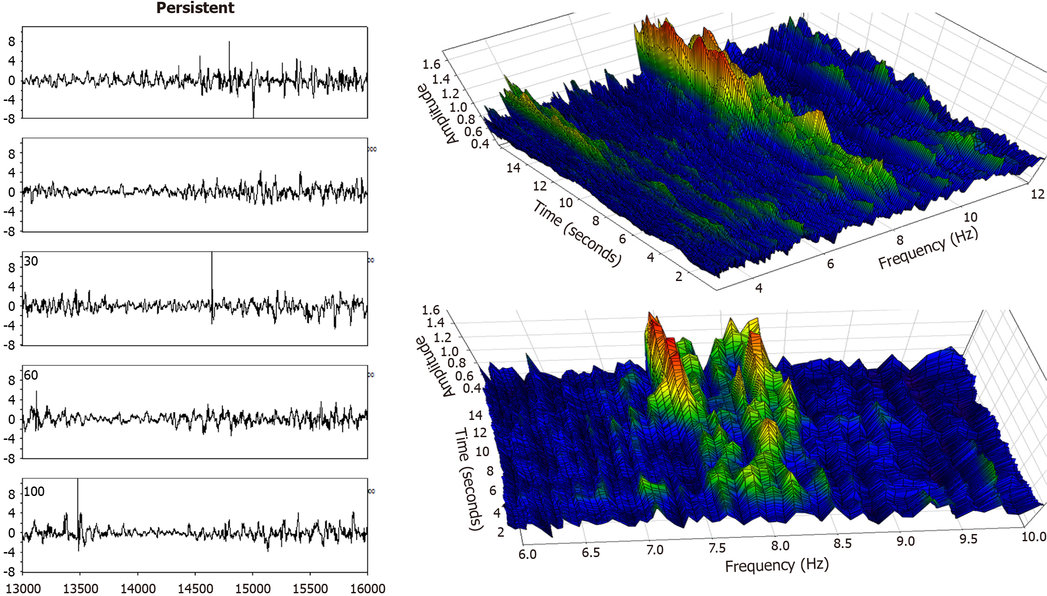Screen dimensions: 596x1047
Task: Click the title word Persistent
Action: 195,8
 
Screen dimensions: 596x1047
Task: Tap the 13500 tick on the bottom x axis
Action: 81,588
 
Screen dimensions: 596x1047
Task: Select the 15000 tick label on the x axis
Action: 252,588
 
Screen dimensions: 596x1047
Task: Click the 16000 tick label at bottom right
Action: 367,588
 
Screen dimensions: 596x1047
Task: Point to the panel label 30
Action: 31,261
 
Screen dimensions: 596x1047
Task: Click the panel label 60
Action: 31,375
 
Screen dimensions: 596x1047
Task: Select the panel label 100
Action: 34,491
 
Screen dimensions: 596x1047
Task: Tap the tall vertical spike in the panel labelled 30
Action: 212,276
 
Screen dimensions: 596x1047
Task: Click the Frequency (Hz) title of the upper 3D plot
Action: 928,248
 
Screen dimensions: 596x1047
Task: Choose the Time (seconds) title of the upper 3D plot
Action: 577,233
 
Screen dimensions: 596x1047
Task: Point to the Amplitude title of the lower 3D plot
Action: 436,367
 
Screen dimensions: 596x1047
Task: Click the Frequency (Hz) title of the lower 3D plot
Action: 776,566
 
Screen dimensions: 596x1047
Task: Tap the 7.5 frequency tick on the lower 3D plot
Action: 717,548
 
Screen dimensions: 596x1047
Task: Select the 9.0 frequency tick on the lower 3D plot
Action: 905,541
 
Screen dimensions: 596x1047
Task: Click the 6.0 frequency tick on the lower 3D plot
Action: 527,554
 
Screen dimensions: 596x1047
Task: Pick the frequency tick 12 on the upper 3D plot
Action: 1037,194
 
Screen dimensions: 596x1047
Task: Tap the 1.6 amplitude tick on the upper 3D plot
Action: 431,64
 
